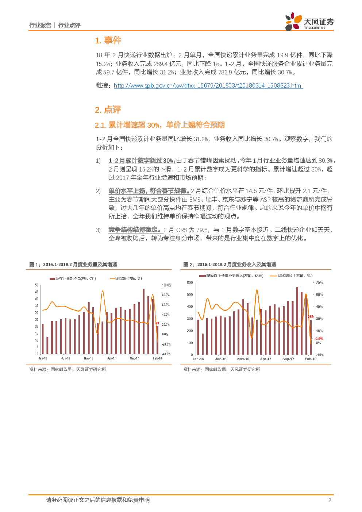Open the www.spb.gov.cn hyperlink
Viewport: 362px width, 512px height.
208,85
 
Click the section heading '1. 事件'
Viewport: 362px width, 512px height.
108,41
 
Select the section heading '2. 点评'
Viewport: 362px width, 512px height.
108,110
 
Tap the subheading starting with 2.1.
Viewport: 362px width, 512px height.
159,125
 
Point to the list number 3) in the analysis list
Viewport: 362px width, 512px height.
98,230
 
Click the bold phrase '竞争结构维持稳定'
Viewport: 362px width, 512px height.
134,230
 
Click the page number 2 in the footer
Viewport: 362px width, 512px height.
330,500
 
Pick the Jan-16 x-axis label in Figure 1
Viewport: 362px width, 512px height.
43,358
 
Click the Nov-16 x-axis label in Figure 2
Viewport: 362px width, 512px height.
243,359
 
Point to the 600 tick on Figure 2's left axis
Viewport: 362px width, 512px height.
190,283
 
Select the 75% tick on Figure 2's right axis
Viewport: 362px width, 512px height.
319,283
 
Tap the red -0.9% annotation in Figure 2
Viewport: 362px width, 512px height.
319,339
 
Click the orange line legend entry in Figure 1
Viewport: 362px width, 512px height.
126,278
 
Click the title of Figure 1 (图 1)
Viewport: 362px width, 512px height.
73,264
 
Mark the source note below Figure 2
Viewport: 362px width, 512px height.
222,369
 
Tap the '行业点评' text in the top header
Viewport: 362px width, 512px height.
69,25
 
